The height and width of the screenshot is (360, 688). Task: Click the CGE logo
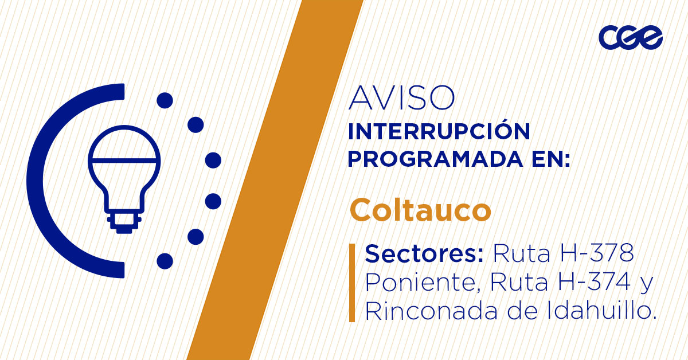click(x=630, y=37)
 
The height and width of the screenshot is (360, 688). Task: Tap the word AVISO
click(x=401, y=98)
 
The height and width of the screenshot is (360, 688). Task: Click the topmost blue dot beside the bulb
click(x=165, y=101)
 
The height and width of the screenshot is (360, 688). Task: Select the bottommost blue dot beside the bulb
click(x=165, y=261)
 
